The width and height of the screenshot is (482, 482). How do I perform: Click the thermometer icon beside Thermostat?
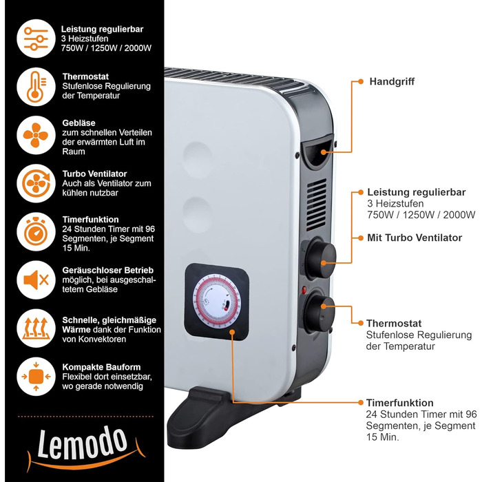pyautogui.click(x=36, y=87)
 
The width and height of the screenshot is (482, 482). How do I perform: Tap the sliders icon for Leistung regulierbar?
pyautogui.click(x=36, y=39)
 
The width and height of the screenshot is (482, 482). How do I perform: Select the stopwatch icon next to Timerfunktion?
pyautogui.click(x=36, y=231)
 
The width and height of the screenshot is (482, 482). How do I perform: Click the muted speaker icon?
pyautogui.click(x=36, y=280)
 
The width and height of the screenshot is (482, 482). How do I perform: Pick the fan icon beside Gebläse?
pyautogui.click(x=36, y=135)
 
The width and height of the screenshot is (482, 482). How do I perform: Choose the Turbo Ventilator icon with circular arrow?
pyautogui.click(x=36, y=183)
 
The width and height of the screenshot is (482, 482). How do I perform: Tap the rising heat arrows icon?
pyautogui.click(x=36, y=328)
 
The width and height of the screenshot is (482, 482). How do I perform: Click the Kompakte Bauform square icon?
pyautogui.click(x=36, y=376)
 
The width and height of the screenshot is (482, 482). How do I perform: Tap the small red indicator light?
pyautogui.click(x=304, y=289)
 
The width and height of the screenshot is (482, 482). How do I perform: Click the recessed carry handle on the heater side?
pyautogui.click(x=317, y=151)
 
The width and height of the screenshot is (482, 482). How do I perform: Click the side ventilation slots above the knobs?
pyautogui.click(x=317, y=204)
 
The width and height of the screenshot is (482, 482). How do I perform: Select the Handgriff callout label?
pyautogui.click(x=392, y=81)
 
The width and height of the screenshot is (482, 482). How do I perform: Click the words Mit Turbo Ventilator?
pyautogui.click(x=415, y=238)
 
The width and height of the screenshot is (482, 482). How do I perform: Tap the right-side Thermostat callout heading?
pyautogui.click(x=394, y=324)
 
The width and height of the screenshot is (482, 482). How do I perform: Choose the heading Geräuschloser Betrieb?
pyautogui.click(x=108, y=270)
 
